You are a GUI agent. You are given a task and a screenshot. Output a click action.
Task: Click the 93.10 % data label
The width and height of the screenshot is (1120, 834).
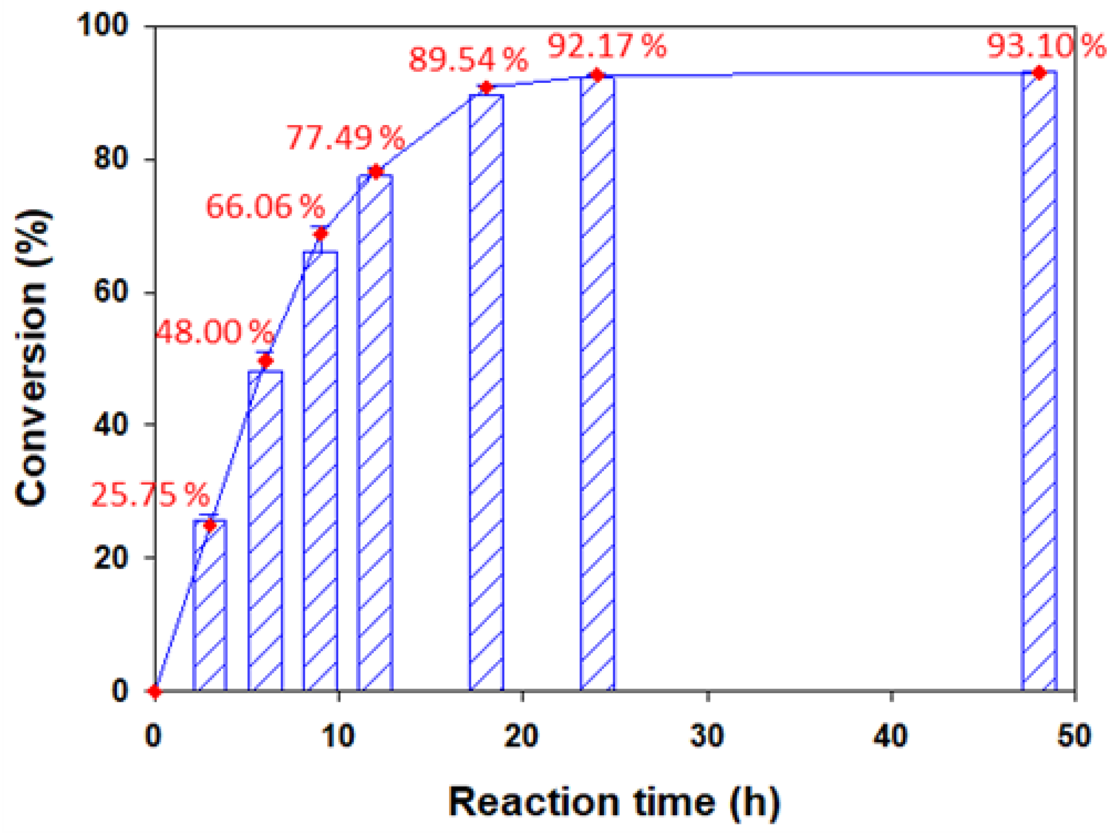(1045, 46)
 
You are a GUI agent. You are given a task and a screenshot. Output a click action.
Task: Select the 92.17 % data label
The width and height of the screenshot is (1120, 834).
(606, 46)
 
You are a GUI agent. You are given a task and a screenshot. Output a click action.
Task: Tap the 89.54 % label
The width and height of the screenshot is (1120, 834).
(468, 59)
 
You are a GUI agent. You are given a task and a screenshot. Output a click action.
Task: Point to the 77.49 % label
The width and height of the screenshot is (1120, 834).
(346, 138)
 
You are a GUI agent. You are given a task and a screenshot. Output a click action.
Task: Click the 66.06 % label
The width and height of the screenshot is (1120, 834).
(265, 207)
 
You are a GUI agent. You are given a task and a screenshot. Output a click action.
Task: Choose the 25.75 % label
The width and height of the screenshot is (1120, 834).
(150, 495)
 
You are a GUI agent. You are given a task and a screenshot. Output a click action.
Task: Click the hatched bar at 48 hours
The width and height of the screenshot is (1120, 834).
(1039, 381)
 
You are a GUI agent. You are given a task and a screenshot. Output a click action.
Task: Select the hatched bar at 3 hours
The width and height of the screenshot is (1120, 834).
(210, 605)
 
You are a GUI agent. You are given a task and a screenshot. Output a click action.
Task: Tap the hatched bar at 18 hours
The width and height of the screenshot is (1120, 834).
(486, 391)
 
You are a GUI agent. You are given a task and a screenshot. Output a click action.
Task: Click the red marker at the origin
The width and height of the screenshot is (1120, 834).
(155, 691)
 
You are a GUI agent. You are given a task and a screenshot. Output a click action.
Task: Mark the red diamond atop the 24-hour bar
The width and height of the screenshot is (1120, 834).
(597, 76)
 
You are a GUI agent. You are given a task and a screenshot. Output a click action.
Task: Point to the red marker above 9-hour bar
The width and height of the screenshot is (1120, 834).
(321, 234)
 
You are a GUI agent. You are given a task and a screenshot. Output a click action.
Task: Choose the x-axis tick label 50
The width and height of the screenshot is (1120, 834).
(1074, 735)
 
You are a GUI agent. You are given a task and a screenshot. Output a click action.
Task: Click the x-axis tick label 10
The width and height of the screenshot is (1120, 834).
(338, 735)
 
